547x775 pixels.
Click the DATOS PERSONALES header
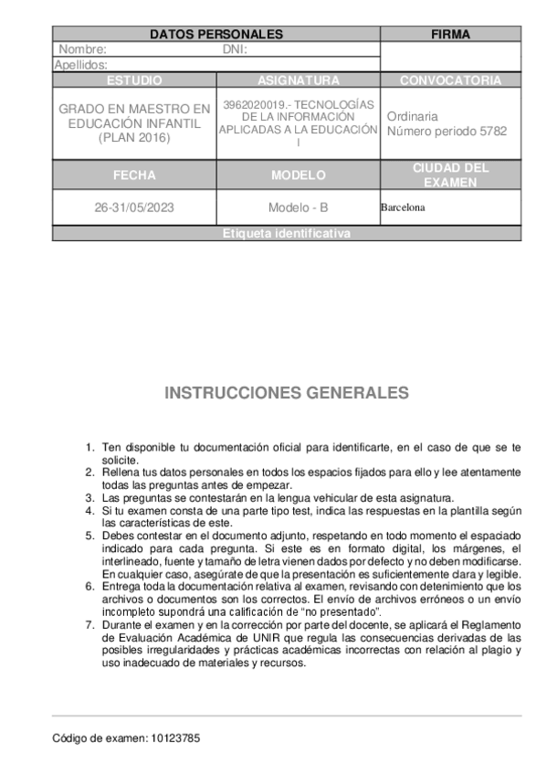point(216,35)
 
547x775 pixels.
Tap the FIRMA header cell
point(450,35)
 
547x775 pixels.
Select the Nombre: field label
point(82,50)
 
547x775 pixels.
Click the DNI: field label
point(235,50)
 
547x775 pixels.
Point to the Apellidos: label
point(81,65)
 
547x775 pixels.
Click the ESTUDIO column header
point(134,80)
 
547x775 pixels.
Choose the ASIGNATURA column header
point(298,80)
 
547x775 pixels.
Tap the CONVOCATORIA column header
point(450,80)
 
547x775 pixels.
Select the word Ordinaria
point(412,117)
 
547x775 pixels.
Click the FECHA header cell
point(134,175)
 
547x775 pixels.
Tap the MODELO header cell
point(298,175)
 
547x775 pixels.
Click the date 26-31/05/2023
point(134,207)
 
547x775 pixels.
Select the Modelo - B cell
point(298,207)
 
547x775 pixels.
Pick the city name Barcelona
point(403,207)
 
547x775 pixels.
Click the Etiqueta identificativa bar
point(286,234)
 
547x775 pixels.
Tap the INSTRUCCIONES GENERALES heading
point(287,393)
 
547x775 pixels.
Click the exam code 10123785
point(174,738)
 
